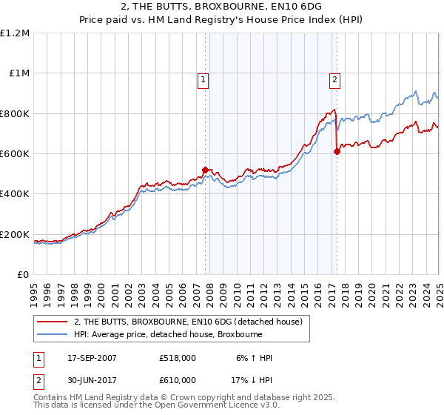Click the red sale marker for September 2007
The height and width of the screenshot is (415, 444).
tap(205, 170)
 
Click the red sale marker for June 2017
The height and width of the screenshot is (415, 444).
tap(337, 151)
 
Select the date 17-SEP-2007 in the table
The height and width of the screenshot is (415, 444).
tap(92, 358)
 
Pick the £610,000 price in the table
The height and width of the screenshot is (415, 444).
tap(178, 380)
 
